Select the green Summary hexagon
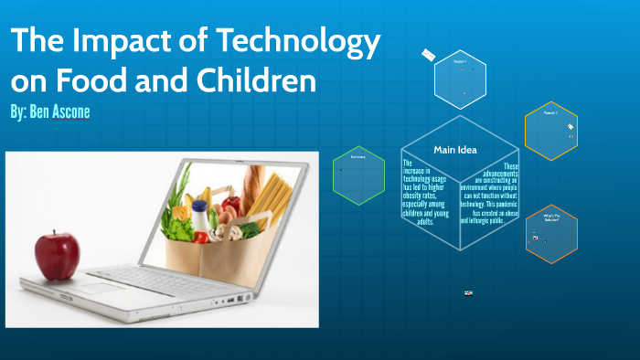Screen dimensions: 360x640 (357, 175)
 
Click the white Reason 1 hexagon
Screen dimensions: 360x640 (460, 77)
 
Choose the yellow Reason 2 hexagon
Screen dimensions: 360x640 (550, 130)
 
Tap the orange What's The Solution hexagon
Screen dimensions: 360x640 (550, 233)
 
